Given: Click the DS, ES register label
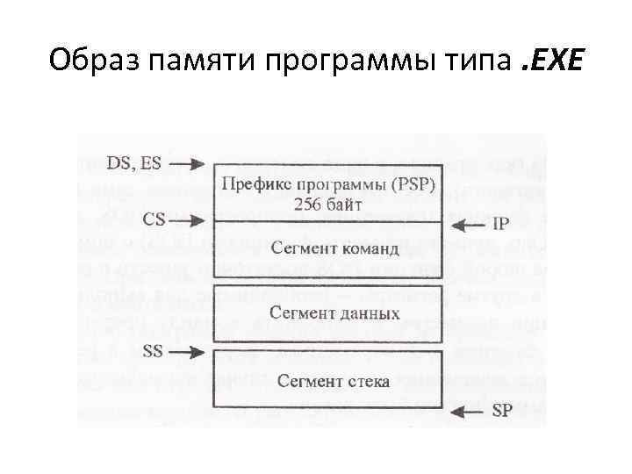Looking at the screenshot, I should [x=133, y=163].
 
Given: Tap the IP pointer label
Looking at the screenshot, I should [x=499, y=225].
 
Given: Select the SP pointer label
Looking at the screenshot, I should [x=501, y=411].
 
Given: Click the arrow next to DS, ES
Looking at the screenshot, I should [x=189, y=163].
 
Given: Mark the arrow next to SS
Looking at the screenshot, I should [x=189, y=351].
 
